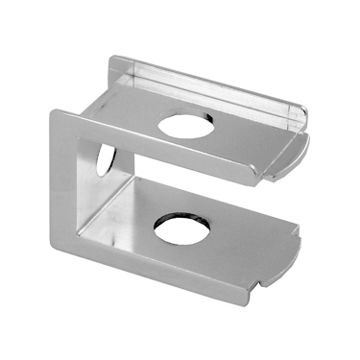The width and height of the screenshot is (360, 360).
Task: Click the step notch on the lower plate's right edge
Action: tap(297, 236)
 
